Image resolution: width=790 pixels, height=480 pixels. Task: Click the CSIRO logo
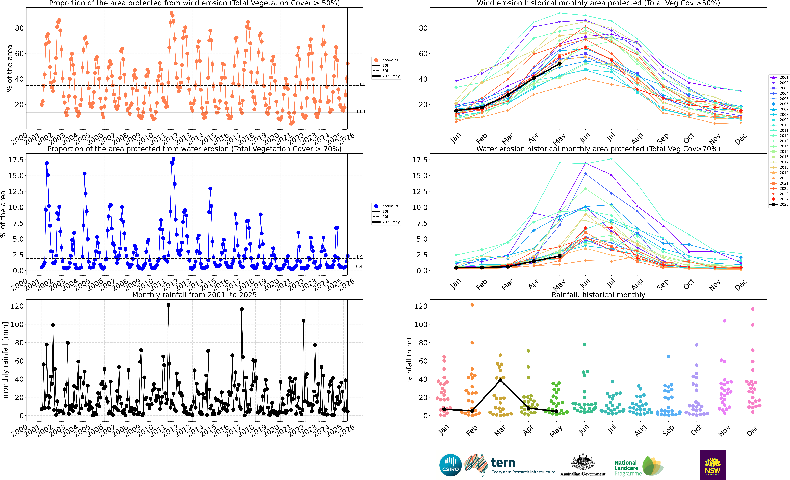coord(450,465)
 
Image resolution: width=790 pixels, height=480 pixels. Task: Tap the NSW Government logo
coord(712,465)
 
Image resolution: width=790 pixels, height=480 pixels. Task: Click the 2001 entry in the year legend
coord(779,77)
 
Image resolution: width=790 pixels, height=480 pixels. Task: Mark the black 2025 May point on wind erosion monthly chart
coord(559,64)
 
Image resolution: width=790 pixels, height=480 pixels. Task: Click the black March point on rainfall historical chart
coord(500,380)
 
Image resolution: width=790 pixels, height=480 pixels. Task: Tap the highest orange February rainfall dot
coord(472,305)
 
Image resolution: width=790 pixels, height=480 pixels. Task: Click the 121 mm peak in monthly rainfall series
coord(168,305)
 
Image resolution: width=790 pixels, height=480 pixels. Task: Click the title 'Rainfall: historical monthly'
coord(598,295)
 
